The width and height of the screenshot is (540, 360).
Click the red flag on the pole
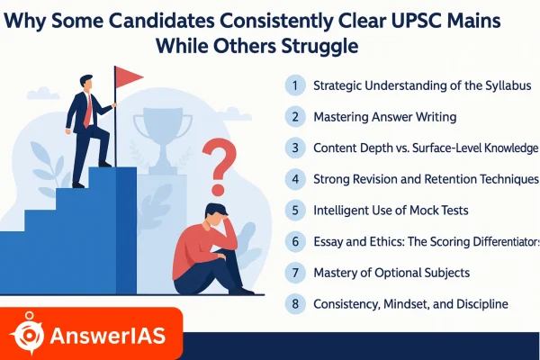[128, 77]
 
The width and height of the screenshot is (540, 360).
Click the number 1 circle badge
[294, 85]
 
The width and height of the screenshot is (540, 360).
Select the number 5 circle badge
[294, 211]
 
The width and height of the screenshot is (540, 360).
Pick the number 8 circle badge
[294, 303]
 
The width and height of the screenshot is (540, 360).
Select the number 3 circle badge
[294, 148]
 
